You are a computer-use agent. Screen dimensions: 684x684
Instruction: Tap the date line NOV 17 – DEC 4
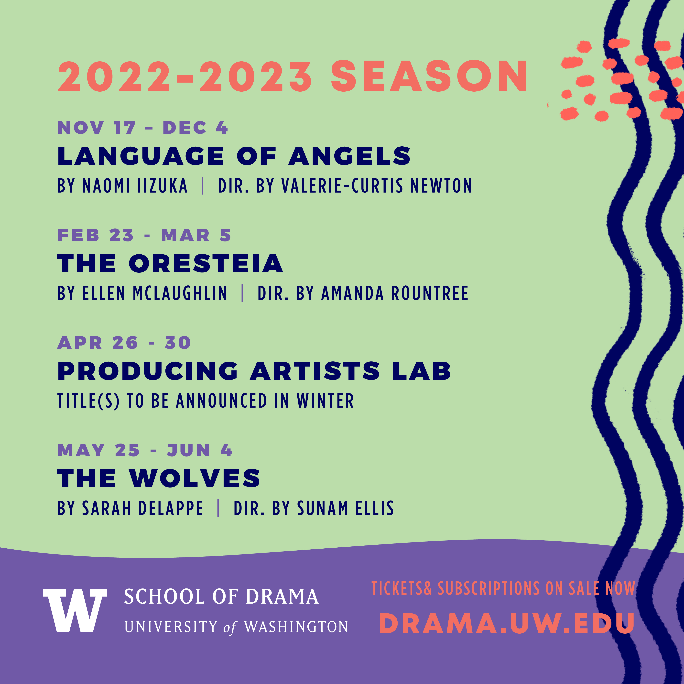[x=143, y=128]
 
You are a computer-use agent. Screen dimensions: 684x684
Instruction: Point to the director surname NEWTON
[x=441, y=185]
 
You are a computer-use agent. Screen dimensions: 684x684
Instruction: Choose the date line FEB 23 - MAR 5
[x=144, y=235]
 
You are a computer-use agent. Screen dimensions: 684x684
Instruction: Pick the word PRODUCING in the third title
[x=148, y=371]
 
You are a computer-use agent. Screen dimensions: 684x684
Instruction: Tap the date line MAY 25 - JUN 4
[x=145, y=450]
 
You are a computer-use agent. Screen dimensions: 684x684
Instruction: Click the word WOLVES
[x=195, y=478]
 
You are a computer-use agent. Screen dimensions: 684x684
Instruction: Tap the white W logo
[x=75, y=610]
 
